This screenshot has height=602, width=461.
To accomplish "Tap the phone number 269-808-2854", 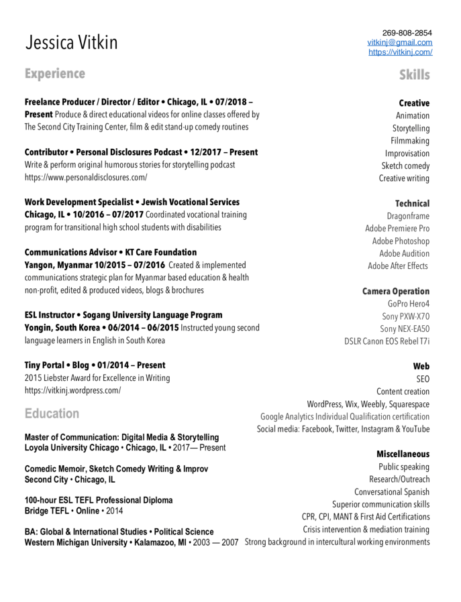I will [407, 32].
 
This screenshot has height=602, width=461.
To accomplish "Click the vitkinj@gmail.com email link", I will [399, 42].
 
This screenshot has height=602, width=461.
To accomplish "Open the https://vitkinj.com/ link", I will [400, 52].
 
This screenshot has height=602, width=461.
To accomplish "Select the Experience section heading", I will [55, 74].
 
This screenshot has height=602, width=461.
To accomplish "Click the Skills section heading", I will [414, 74].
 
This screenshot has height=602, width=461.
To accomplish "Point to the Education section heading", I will [52, 413].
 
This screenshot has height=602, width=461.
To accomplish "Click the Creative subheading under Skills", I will [414, 103].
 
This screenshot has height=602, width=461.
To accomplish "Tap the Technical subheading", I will [412, 203].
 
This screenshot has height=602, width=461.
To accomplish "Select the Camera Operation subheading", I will [396, 291].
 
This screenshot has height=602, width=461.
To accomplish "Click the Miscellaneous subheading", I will [403, 454].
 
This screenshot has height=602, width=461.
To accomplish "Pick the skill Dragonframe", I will [408, 216].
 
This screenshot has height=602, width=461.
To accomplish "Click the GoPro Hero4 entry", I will [409, 304].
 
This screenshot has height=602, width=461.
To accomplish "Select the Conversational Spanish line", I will [392, 492].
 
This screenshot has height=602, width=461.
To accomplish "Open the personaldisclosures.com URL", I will [86, 178].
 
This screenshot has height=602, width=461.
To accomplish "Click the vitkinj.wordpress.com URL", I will [72, 390].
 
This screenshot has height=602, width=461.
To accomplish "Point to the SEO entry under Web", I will [423, 379].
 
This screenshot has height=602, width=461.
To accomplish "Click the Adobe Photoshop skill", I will [401, 241].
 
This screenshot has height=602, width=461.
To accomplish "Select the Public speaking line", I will [404, 467].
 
